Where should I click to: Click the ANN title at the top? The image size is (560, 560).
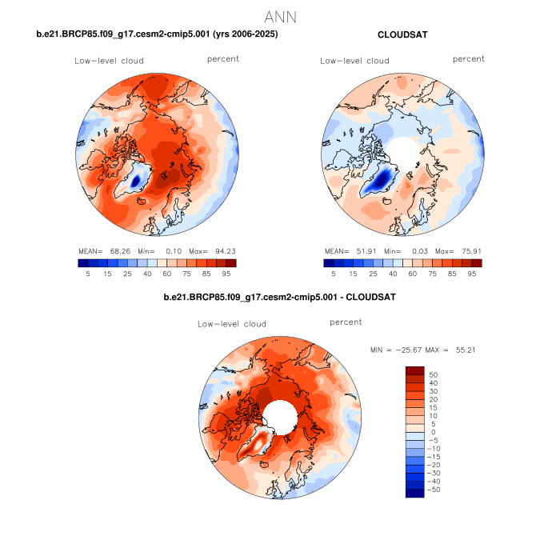280,16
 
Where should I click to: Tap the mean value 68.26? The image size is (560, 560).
118,250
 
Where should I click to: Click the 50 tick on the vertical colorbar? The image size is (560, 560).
434,374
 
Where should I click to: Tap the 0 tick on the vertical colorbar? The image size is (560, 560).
432,431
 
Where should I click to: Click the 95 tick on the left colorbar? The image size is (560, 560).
226,273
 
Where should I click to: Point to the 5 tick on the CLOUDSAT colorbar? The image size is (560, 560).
334,273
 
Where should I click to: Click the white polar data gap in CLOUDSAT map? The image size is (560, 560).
403,150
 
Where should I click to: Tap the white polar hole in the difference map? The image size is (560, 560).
281,415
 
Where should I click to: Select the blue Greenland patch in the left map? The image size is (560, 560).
139,176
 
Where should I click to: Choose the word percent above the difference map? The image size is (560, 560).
346,322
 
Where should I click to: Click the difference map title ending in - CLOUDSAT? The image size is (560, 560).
279,298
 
